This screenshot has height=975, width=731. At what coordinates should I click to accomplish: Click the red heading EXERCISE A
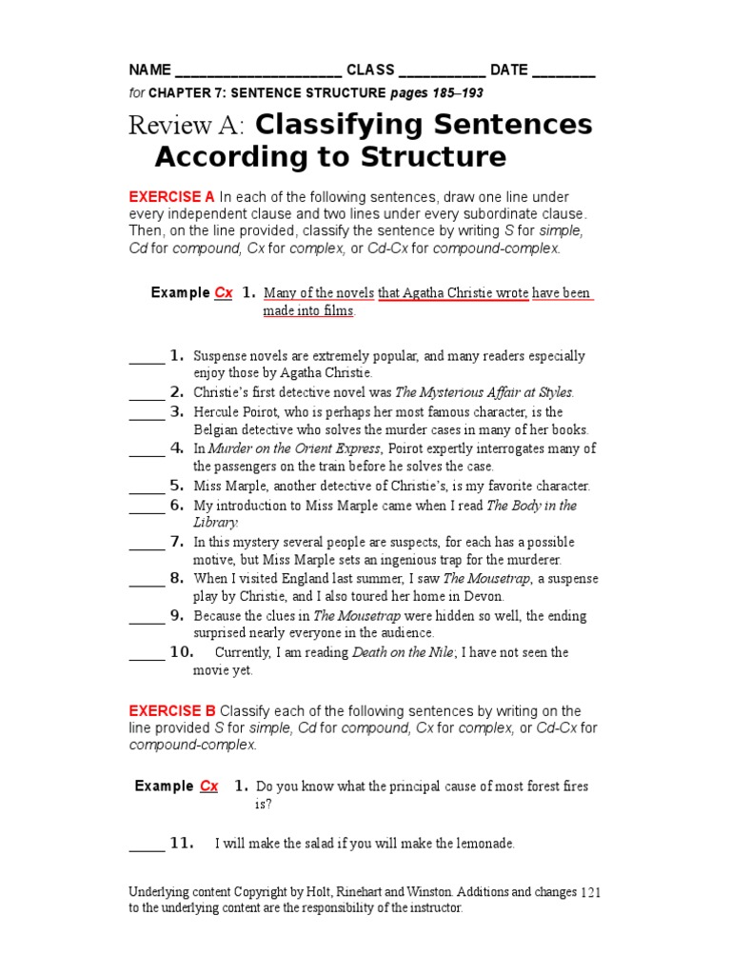tap(172, 196)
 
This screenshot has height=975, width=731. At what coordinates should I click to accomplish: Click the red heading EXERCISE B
tap(172, 711)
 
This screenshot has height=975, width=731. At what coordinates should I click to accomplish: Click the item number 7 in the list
tap(177, 541)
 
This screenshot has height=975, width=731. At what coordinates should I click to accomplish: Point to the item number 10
tap(182, 652)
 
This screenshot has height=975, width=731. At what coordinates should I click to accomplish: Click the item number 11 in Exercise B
tap(182, 843)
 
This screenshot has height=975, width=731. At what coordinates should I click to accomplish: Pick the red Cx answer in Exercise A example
tap(224, 292)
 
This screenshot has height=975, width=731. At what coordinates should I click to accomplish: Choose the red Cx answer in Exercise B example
tap(208, 786)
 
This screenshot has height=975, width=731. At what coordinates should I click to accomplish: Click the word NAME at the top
tap(150, 70)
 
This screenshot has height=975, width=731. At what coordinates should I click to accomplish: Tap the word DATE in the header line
tap(509, 70)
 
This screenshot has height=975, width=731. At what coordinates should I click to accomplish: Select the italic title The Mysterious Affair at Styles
tap(484, 392)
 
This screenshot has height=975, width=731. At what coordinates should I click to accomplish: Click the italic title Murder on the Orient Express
tap(294, 448)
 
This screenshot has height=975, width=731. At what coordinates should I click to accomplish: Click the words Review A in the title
tap(188, 125)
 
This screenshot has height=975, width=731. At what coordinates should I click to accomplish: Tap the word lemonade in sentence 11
tap(483, 844)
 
